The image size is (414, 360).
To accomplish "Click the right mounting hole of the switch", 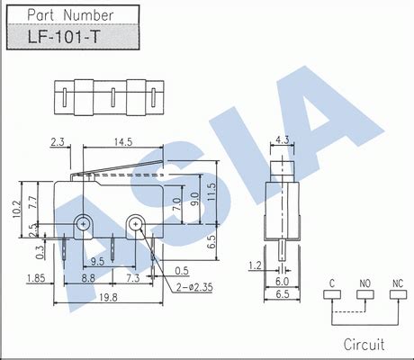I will [x=135, y=221].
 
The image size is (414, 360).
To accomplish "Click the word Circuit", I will [x=364, y=345].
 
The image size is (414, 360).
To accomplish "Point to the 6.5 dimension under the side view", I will [x=282, y=294].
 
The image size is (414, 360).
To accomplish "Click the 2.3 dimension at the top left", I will [x=58, y=140].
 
